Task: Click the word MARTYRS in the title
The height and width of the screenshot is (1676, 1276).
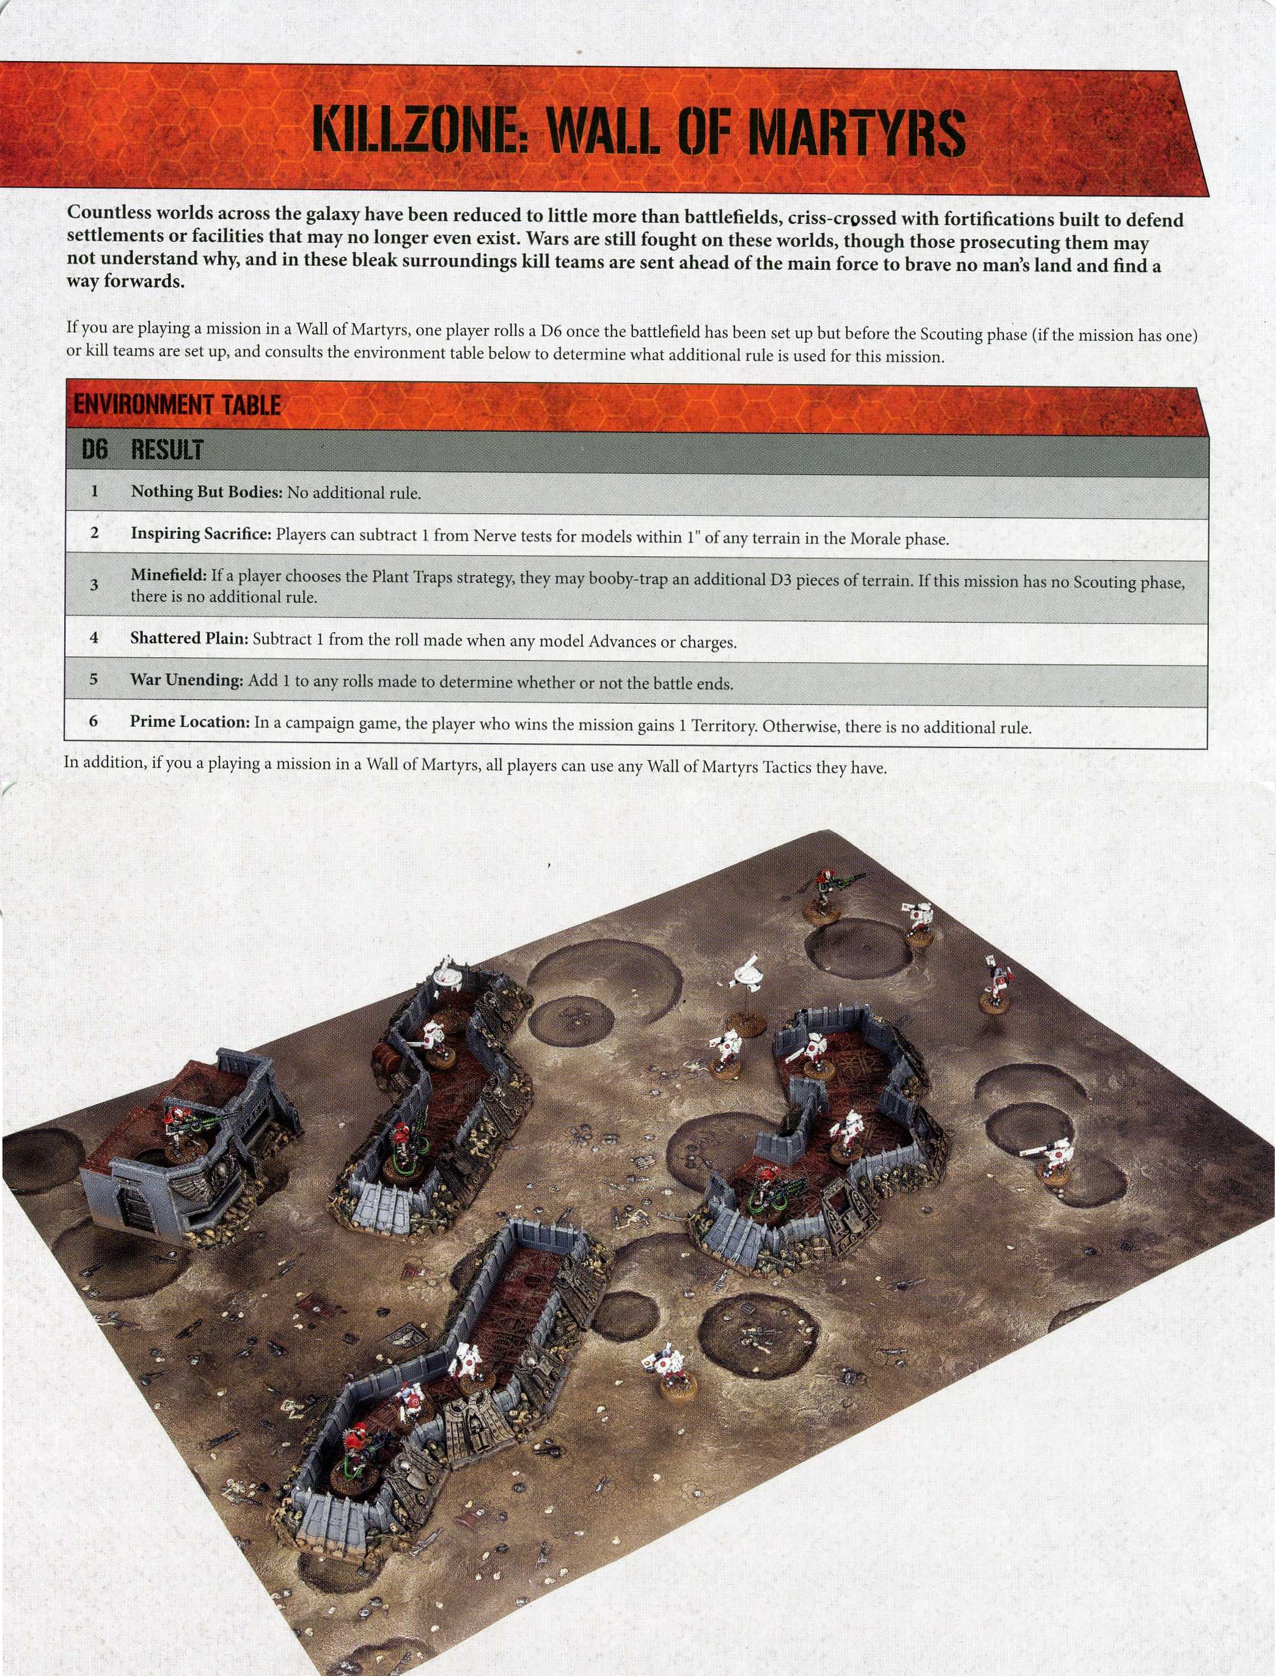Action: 856,132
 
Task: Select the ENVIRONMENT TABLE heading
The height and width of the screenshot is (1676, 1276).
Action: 177,404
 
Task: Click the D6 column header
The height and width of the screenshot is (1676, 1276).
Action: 95,450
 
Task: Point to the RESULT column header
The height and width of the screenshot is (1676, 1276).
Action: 167,450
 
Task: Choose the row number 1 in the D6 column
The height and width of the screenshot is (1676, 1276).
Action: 94,491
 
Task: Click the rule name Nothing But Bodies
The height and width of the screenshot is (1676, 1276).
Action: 207,492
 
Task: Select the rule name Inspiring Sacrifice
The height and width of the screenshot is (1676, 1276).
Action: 200,534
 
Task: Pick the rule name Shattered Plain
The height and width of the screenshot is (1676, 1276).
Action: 189,638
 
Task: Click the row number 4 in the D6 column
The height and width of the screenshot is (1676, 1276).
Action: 94,637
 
